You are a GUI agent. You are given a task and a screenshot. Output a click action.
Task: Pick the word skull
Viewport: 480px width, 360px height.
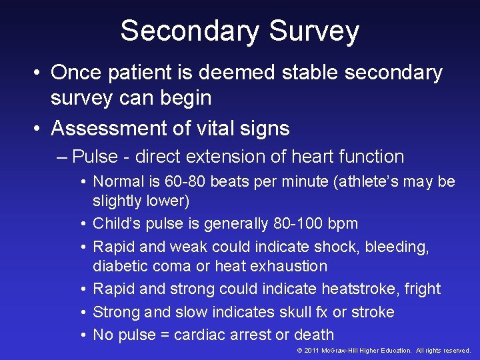(x=297, y=312)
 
